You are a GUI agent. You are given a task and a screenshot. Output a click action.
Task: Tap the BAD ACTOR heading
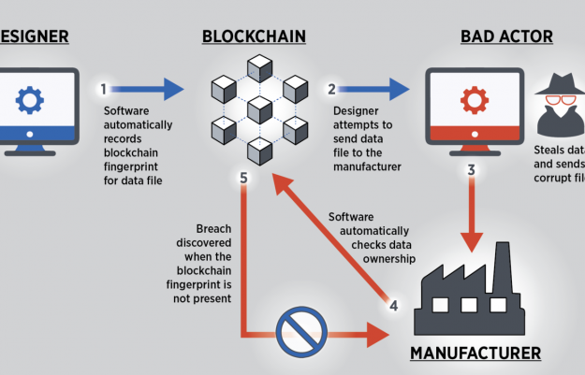pos(505,36)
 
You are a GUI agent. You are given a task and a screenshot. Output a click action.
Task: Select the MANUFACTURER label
pos(476,353)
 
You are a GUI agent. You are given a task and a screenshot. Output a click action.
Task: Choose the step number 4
pos(394,304)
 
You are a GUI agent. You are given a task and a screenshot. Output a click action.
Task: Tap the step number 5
pos(243,178)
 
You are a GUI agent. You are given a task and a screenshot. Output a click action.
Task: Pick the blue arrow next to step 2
pos(380,89)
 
